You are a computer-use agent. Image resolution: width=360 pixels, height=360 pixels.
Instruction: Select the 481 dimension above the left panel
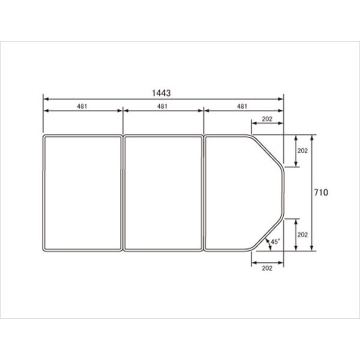pos(82,106)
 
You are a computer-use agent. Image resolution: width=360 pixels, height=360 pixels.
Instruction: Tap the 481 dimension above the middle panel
pos(163,106)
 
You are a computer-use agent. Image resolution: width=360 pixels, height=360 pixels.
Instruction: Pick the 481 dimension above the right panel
pos(243,106)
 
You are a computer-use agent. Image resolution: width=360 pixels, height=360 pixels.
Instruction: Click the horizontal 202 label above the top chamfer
pos(267,119)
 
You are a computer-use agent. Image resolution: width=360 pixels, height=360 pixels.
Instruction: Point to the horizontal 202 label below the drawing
pos(267,268)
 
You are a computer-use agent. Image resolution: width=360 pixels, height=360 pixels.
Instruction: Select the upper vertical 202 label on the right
pos(302,151)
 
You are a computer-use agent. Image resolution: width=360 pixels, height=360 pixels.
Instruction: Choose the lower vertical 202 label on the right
pos(302,234)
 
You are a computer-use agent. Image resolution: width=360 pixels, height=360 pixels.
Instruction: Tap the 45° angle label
pos(275,242)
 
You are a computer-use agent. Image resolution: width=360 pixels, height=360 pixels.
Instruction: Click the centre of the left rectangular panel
pos(82,193)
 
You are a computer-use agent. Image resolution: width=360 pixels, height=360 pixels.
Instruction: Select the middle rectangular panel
pos(163,193)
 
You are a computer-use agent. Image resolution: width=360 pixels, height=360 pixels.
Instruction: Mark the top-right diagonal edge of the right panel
pos(268,151)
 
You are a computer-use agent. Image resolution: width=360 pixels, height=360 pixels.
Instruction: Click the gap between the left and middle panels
pos(123,193)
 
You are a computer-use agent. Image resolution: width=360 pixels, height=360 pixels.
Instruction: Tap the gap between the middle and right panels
pos(203,193)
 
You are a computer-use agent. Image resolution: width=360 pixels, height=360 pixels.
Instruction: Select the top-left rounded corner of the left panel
pos(45,137)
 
